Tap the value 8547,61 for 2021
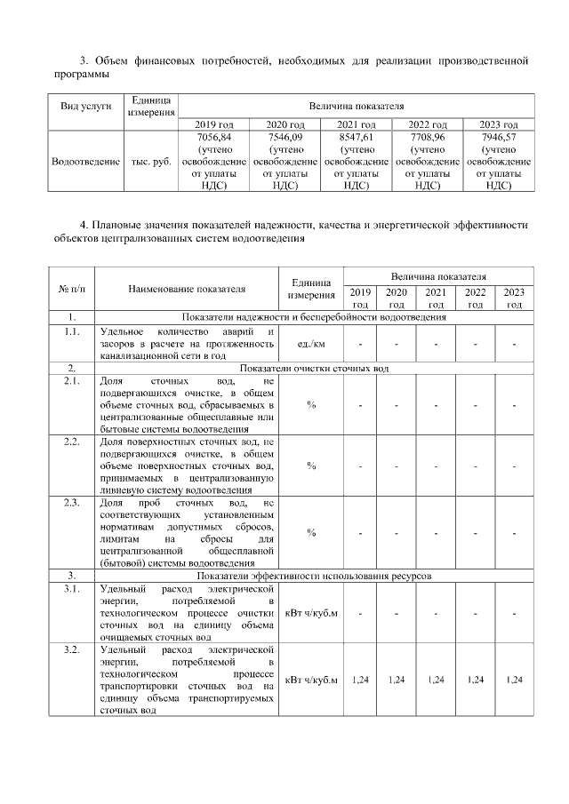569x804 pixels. [356, 139]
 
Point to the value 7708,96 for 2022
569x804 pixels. [427, 139]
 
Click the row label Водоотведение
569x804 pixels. [85, 163]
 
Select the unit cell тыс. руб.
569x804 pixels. [150, 163]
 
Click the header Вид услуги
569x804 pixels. [85, 106]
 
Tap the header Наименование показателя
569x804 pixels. [186, 288]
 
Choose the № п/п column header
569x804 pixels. [71, 288]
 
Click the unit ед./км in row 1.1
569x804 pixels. [311, 344]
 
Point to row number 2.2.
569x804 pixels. [71, 442]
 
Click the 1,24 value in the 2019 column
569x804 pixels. [360, 681]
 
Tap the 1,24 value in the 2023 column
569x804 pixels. [513, 681]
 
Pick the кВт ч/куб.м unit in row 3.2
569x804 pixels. [311, 681]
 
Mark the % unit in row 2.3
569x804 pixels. [311, 533]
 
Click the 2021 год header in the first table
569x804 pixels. [356, 124]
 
